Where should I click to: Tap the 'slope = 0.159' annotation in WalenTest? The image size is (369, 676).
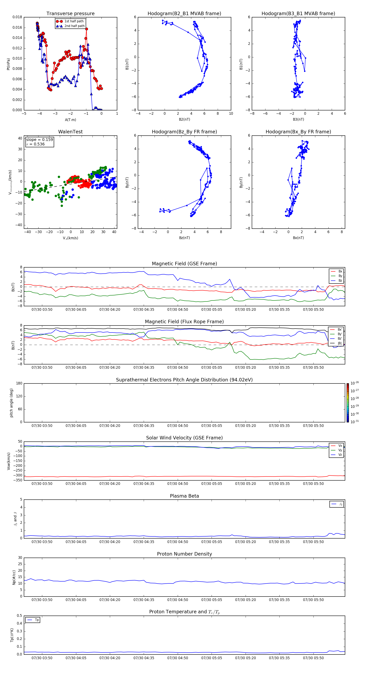pyautogui.click(x=39, y=140)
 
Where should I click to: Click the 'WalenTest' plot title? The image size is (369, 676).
pyautogui.click(x=70, y=132)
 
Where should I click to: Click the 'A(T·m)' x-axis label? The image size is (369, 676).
pyautogui.click(x=70, y=120)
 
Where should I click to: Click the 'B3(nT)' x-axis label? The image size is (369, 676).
pyautogui.click(x=298, y=119)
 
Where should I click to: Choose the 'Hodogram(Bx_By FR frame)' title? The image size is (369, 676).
pyautogui.click(x=298, y=132)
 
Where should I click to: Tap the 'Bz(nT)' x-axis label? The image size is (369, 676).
pyautogui.click(x=184, y=238)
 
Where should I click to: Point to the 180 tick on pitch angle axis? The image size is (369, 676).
pyautogui.click(x=19, y=383)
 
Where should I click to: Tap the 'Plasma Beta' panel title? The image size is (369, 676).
pyautogui.click(x=184, y=496)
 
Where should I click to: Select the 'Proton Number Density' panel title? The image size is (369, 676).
pyautogui.click(x=184, y=554)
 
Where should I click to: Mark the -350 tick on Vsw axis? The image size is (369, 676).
pyautogui.click(x=18, y=480)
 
